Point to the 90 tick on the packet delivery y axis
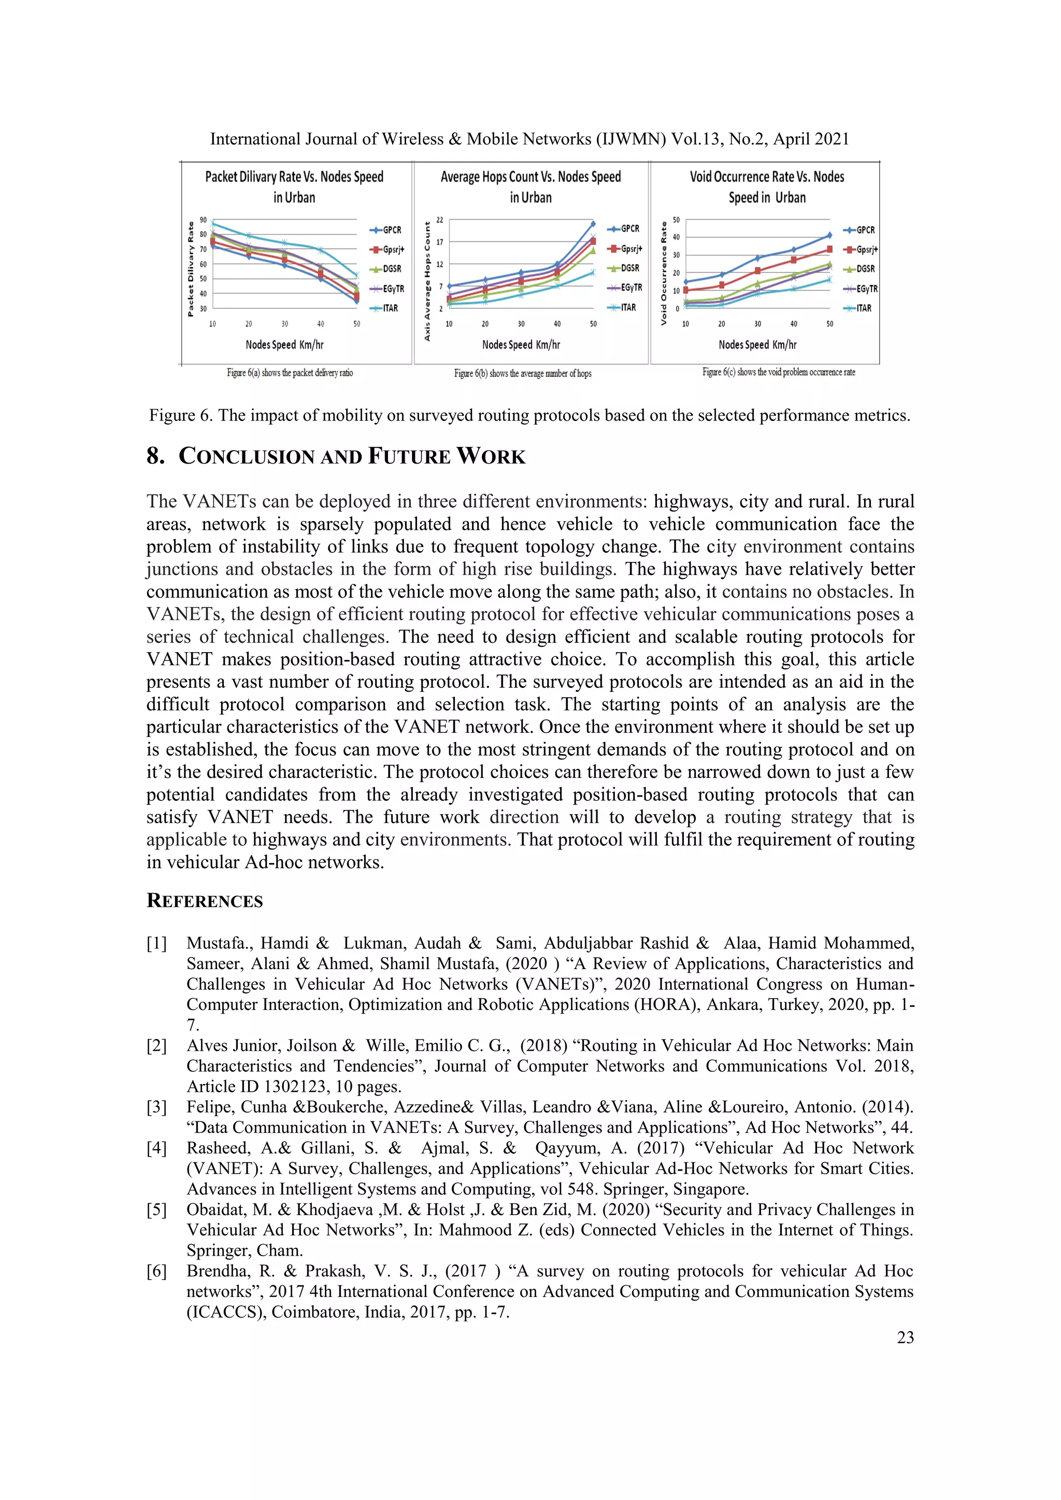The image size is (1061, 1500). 203,220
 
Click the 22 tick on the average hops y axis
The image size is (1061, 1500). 440,220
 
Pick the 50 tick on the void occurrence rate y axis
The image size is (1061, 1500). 676,220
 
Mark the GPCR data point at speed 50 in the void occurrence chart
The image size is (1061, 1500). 830,235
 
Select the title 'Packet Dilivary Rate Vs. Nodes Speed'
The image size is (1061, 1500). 294,177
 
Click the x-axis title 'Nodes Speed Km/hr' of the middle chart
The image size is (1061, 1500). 521,345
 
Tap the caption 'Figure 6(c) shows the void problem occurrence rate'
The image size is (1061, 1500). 778,372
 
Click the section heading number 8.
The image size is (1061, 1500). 155,456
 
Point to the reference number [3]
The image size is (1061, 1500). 157,1107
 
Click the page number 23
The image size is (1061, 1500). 905,1337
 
